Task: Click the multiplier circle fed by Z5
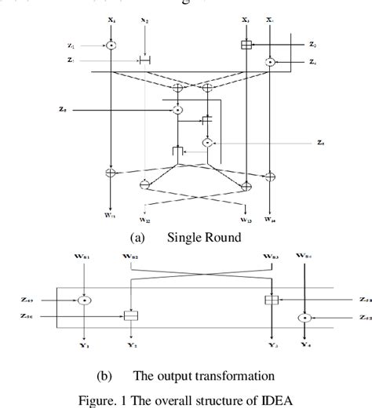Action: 178,109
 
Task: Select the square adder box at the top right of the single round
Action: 247,45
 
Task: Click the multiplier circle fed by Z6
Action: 207,143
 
